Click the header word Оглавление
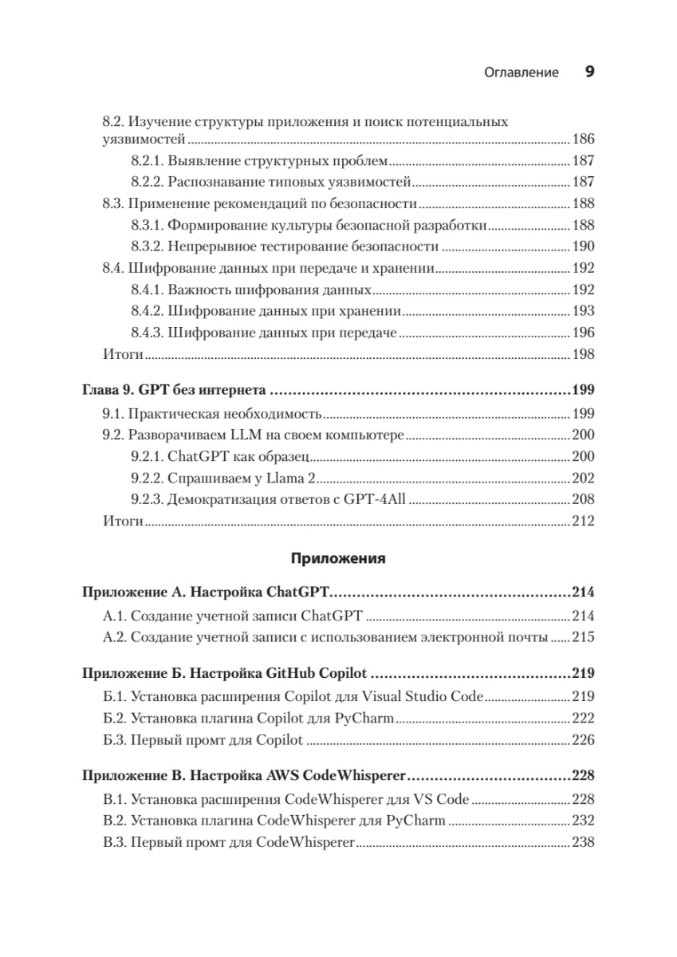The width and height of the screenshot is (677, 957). [x=522, y=73]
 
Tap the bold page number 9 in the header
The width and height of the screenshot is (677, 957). [x=589, y=72]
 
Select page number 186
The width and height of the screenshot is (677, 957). [x=583, y=139]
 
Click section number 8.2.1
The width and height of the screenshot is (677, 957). [x=147, y=160]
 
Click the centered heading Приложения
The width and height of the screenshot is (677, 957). [x=338, y=558]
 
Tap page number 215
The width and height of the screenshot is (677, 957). [x=583, y=637]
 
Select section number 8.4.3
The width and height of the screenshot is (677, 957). [x=147, y=333]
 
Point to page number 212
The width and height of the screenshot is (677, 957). [x=583, y=522]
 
